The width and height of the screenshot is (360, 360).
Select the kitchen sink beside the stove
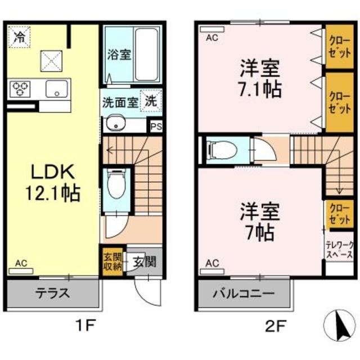pos(56,88)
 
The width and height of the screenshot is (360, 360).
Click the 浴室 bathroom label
pos(119,56)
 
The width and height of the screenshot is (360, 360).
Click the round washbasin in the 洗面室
pos(115,124)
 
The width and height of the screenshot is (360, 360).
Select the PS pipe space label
pos(155,127)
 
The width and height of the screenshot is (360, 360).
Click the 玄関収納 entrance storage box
pos(110,261)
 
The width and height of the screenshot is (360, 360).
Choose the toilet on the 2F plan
pos(220,150)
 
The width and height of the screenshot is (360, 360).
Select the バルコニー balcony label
pos(244,294)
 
